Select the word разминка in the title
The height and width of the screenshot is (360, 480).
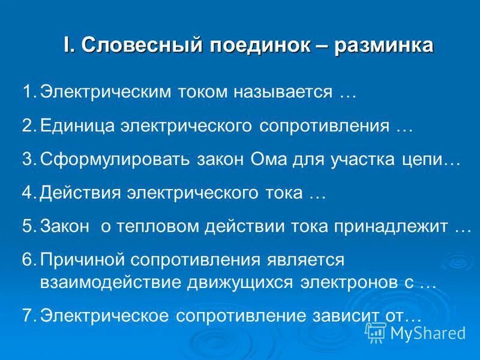382,46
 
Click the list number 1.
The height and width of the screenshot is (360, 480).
29,92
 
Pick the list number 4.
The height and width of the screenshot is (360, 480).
29,193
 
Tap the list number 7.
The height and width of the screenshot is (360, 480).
29,316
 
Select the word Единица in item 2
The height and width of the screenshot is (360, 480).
76,127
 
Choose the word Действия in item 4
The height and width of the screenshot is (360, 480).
79,194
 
